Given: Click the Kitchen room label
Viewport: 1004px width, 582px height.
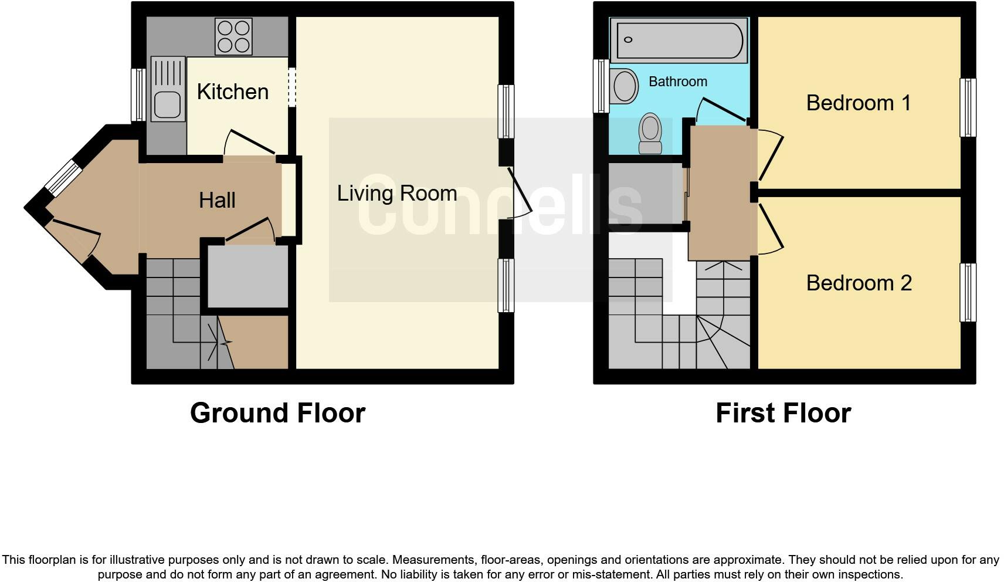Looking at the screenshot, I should click(x=232, y=92).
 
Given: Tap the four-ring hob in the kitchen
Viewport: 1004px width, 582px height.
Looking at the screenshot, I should click(x=233, y=36).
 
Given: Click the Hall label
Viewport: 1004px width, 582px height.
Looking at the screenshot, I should click(x=217, y=200).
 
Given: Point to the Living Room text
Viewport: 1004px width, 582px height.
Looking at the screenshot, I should click(x=396, y=193).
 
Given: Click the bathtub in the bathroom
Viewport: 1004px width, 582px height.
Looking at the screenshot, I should click(x=679, y=40).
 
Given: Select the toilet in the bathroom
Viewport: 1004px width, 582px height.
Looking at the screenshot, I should click(x=650, y=134).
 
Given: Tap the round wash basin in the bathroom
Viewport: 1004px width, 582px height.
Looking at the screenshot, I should click(x=625, y=86).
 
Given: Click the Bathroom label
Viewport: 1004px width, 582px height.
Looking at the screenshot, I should click(x=677, y=82).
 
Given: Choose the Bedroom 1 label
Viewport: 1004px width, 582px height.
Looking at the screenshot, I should click(x=859, y=103).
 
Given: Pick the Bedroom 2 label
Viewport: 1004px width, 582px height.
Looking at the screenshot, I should click(x=859, y=283).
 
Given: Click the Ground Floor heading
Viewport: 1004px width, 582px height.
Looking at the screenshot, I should click(x=277, y=413).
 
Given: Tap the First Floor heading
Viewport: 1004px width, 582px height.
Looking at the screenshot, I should click(x=783, y=413).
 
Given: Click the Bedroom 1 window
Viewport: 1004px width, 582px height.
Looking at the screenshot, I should click(x=968, y=107).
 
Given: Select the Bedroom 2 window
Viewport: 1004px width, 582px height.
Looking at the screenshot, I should click(x=968, y=292).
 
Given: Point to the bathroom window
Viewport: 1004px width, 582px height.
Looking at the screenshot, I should click(x=601, y=86).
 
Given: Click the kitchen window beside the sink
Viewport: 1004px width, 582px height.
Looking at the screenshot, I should click(x=138, y=94).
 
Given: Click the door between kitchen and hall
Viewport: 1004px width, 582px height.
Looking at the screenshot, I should click(x=250, y=144).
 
